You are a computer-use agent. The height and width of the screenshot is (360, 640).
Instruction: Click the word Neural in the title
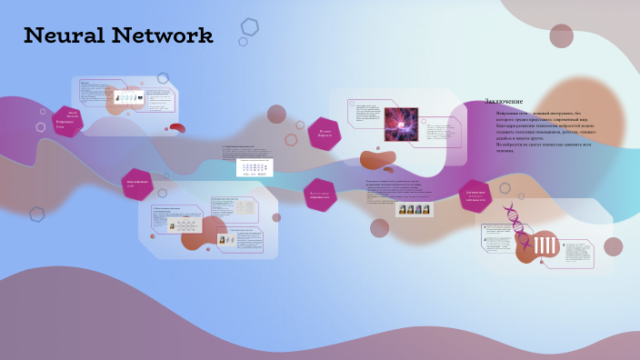63,36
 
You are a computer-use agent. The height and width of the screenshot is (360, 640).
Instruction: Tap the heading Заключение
504,101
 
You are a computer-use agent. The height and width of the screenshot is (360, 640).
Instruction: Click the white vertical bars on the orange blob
544,245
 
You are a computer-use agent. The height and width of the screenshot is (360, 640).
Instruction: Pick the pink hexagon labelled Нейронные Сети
66,121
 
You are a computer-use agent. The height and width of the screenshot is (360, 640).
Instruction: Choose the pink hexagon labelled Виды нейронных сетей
137,184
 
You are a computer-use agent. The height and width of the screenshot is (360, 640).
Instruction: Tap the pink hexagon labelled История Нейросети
325,134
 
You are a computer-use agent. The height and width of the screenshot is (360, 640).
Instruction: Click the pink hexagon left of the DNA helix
475,195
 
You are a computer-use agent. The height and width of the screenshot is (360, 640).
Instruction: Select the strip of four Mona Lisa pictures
414,209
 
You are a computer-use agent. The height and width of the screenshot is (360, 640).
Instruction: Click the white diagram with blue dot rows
255,168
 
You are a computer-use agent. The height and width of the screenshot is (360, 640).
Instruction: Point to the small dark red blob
177,128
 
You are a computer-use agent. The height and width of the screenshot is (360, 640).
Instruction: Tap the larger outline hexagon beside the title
250,26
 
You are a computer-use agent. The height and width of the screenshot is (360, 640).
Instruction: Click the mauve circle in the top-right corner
561,35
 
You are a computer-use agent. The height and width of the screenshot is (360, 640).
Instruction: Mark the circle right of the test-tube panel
613,246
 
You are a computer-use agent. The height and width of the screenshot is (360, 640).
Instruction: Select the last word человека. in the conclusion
505,151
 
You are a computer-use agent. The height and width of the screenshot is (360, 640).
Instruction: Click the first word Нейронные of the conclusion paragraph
506,113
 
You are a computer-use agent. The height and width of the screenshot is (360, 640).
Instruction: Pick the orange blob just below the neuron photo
377,161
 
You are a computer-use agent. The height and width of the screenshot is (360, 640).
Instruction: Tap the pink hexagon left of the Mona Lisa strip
320,195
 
